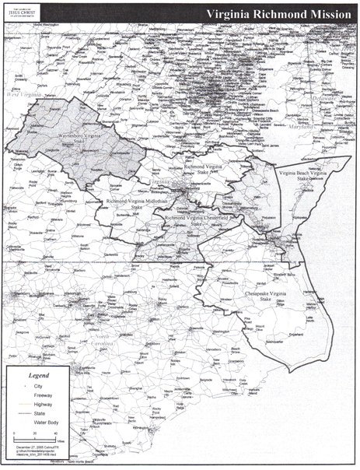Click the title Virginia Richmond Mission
[x=278, y=13]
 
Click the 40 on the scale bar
[x=55, y=433]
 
